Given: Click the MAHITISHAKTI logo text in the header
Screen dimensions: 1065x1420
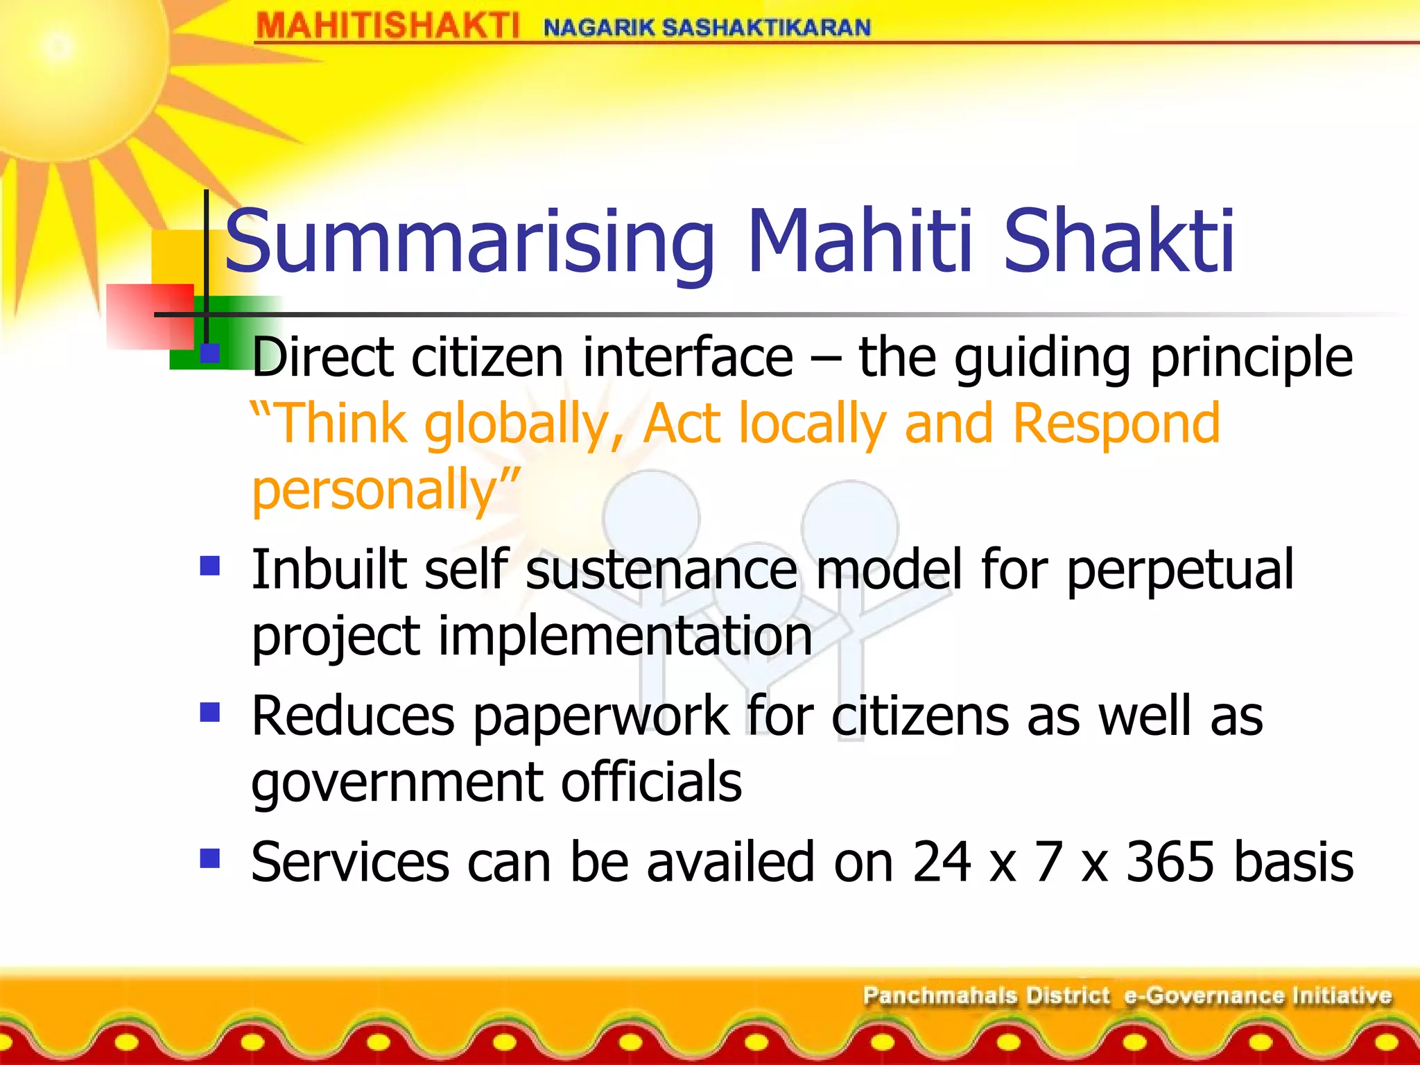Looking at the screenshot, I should (387, 27).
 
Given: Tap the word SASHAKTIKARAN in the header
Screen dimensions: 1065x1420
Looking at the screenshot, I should (766, 28).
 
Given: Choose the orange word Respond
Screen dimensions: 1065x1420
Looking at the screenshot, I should (1116, 424).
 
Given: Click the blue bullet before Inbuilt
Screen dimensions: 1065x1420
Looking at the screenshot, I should (209, 566).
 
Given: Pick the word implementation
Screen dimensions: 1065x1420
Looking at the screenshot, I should (625, 636).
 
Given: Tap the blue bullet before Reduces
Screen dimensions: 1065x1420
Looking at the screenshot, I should (209, 712).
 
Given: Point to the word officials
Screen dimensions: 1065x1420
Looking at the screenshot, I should (651, 782).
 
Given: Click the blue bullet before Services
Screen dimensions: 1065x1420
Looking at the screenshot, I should (209, 858).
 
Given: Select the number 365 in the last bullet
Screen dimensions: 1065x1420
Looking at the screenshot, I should (1170, 862).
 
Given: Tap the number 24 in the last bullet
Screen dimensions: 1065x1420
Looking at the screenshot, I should (942, 862).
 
